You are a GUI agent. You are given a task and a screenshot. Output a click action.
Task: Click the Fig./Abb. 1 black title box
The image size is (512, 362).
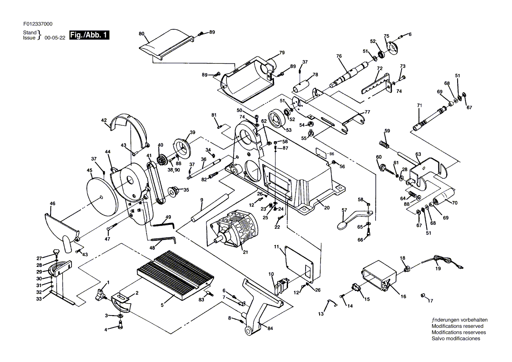pos(89,35)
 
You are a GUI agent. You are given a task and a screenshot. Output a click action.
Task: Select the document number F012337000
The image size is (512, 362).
pos(38,24)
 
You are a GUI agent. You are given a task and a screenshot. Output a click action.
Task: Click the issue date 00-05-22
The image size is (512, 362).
pos(55,38)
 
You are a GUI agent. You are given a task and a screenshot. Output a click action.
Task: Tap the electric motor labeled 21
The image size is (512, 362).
pos(234,228)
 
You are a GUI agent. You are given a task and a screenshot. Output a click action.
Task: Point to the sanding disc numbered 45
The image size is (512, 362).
pos(101,196)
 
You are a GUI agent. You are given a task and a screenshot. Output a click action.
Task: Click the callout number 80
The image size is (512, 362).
pos(142,34)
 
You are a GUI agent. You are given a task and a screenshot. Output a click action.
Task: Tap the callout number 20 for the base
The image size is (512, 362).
pos(327,208)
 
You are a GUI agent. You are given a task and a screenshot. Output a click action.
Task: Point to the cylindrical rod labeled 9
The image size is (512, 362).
pos(208,208)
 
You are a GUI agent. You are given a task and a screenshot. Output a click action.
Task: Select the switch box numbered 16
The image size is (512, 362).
pos(380,275)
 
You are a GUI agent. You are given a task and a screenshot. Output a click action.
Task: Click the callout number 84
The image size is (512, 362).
pos(270,328)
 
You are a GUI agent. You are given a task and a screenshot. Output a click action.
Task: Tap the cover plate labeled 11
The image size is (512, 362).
pos(299,264)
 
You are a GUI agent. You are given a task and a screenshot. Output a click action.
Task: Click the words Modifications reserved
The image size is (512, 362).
pos(458,326)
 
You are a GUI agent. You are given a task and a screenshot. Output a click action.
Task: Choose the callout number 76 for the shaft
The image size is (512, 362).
pos(339,56)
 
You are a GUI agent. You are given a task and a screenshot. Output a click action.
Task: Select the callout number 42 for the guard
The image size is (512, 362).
pos(104,121)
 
